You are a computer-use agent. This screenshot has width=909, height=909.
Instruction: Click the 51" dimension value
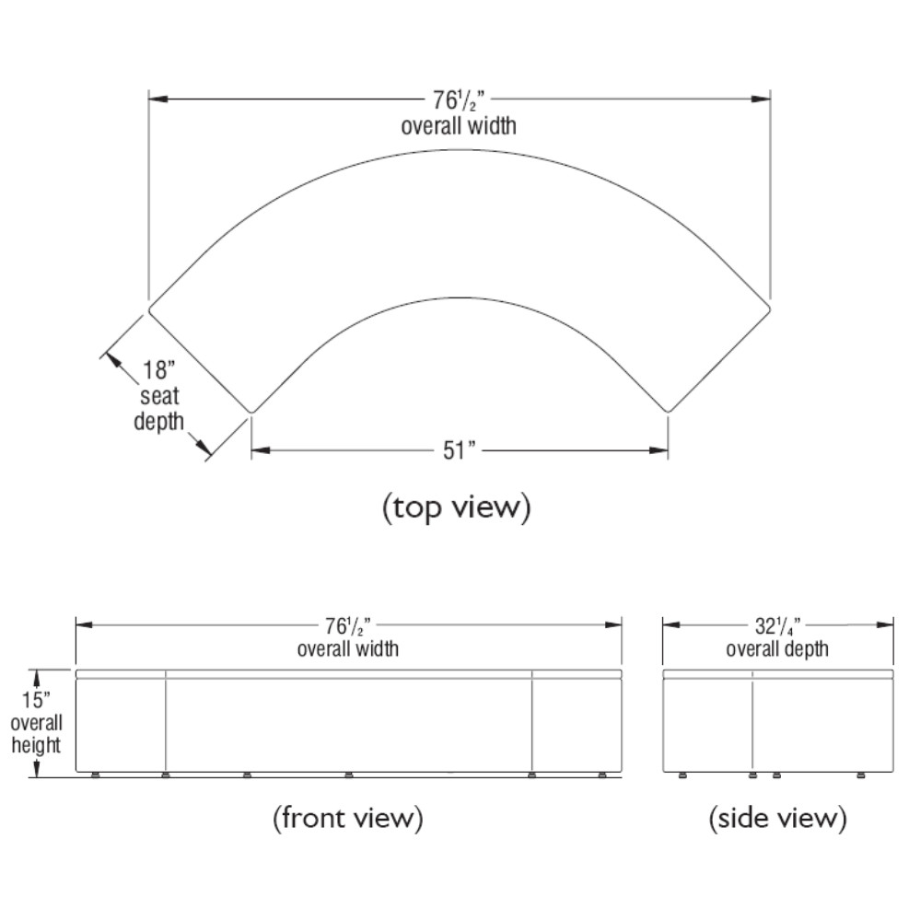(460, 450)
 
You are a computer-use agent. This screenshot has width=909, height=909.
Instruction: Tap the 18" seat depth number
(158, 369)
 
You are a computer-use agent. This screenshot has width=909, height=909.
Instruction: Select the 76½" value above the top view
(458, 100)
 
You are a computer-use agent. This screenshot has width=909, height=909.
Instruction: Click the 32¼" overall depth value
(777, 626)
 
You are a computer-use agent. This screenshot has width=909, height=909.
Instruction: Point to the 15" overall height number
(36, 700)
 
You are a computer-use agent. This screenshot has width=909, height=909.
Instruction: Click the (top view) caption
(456, 507)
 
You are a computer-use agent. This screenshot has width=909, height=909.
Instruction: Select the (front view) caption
(348, 818)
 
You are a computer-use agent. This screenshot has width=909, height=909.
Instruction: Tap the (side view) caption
(777, 818)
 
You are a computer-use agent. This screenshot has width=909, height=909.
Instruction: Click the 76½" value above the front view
(347, 626)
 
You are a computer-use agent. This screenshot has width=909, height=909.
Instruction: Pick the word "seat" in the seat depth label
(159, 397)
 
